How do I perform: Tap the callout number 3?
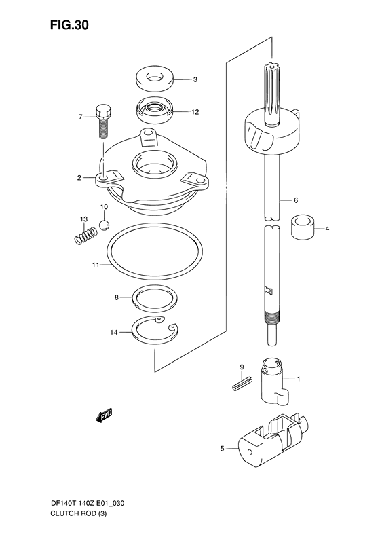[x=195, y=79]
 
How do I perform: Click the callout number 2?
[x=79, y=178]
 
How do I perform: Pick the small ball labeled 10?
[x=103, y=225]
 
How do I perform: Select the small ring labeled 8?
[x=155, y=298]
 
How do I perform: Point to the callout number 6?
[x=296, y=200]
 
